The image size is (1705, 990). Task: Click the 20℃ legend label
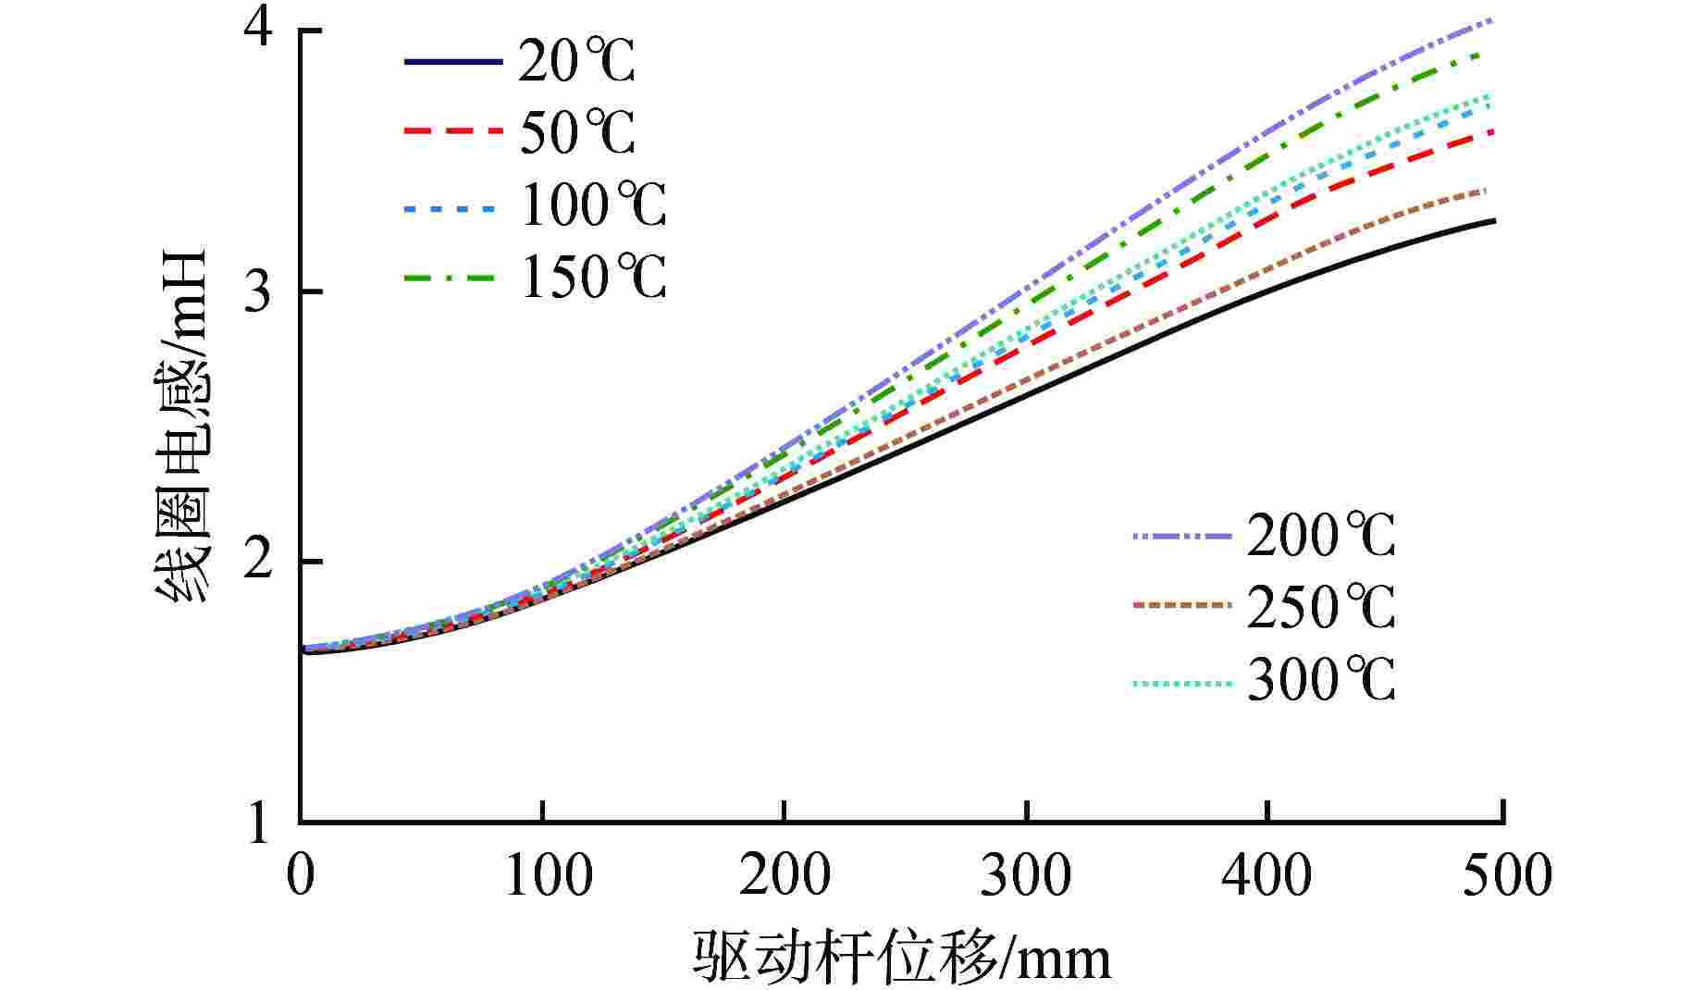(576, 63)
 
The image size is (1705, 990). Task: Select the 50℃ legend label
(576, 133)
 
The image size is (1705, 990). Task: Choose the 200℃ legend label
(1320, 536)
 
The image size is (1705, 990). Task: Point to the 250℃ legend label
(1320, 607)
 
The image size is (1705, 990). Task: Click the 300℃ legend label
(1320, 681)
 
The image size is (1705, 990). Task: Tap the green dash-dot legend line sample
(453, 277)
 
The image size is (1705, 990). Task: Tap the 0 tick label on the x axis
(301, 875)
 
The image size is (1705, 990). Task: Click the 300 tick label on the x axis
(1025, 875)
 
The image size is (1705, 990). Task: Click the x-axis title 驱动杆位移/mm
(901, 958)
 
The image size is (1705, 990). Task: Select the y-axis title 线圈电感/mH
(181, 426)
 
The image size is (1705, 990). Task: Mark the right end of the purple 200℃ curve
(1493, 19)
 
